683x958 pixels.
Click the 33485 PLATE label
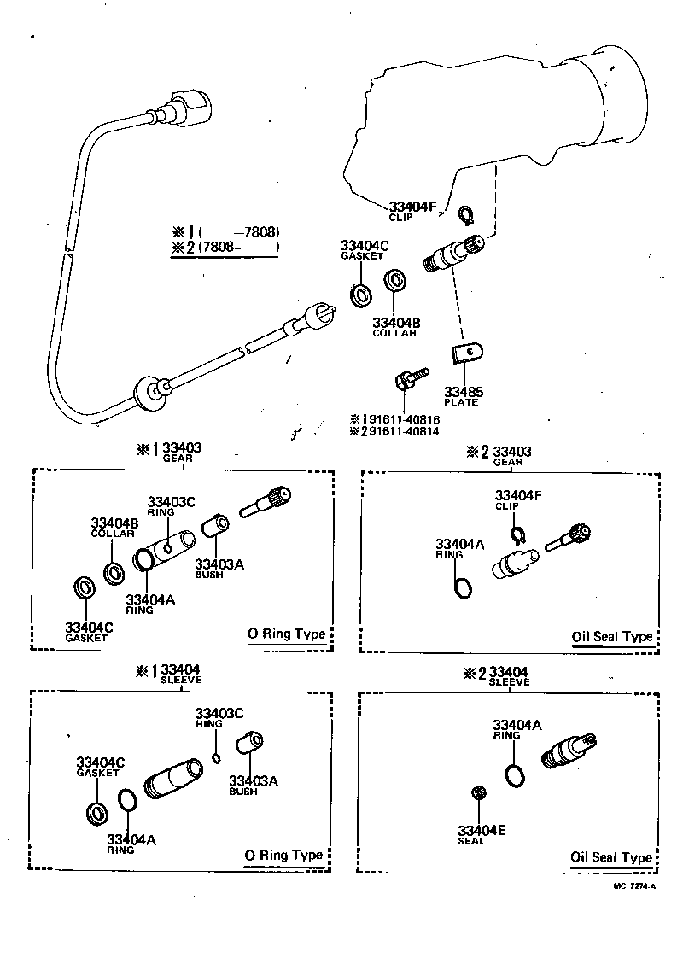[x=463, y=396]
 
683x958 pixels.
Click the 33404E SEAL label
[x=482, y=834]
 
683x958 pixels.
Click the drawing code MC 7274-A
[x=633, y=887]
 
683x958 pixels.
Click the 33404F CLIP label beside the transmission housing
[x=413, y=210]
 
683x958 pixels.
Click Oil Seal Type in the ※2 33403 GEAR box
[x=612, y=637]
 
